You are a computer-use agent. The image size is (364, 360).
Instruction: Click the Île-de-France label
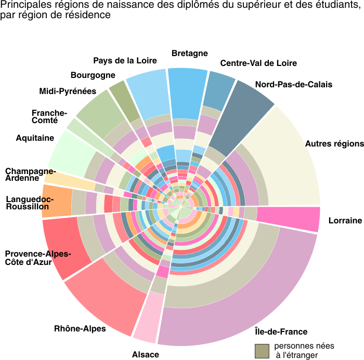pos(281,331)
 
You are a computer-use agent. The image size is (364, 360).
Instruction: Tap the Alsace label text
pos(146,354)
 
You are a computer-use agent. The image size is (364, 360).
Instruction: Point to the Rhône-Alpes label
pos(80,329)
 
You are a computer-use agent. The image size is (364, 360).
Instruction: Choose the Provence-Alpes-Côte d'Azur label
pos(38,258)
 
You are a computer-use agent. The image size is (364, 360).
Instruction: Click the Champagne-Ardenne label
pos(31,175)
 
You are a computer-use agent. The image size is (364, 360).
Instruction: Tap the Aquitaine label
pos(35,138)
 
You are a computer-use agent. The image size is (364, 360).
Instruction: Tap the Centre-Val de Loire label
pos(258,63)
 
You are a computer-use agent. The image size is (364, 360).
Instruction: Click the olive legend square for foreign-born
pos(262,351)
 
